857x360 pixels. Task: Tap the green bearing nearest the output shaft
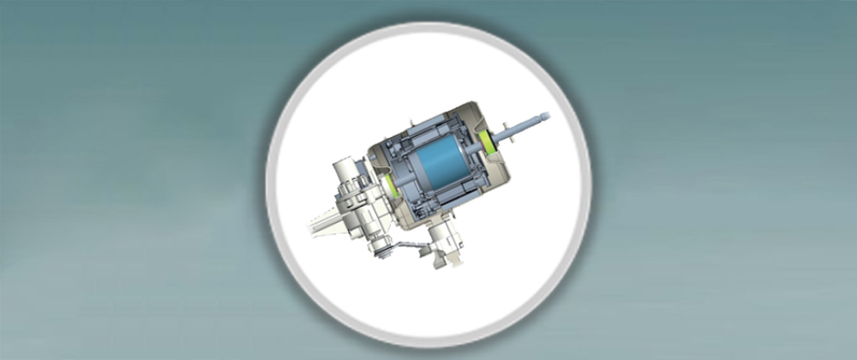(x=492, y=141)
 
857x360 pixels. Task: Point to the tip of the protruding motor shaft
(x=547, y=115)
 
